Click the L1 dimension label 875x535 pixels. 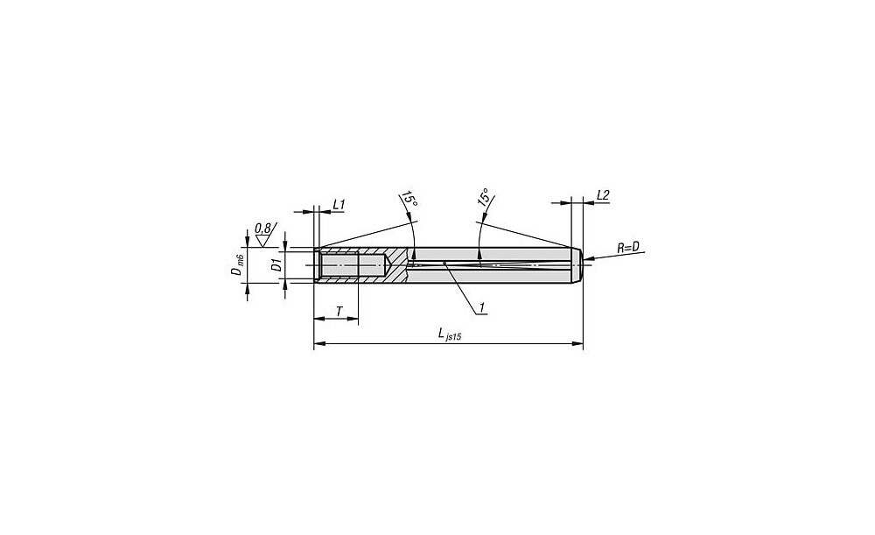339,205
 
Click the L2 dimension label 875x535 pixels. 603,195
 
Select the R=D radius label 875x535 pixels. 627,248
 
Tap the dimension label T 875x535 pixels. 339,311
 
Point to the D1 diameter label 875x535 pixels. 276,265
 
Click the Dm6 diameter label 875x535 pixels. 237,264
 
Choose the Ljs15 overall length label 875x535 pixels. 449,334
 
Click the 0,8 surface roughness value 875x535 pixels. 262,228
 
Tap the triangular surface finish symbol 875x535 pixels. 262,241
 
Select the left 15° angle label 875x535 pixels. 409,201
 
